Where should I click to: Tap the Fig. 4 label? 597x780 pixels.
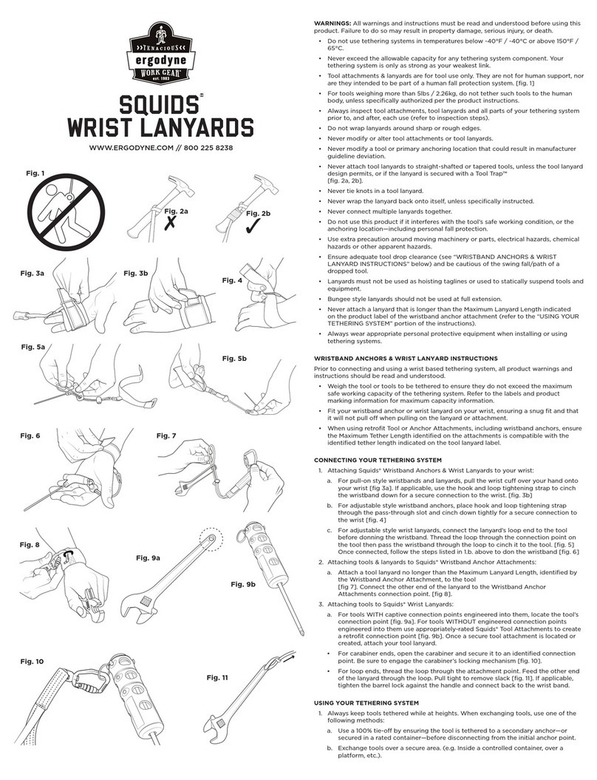pyautogui.click(x=233, y=280)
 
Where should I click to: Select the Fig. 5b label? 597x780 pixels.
pyautogui.click(x=235, y=359)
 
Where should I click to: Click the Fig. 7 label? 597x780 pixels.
pyautogui.click(x=167, y=435)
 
